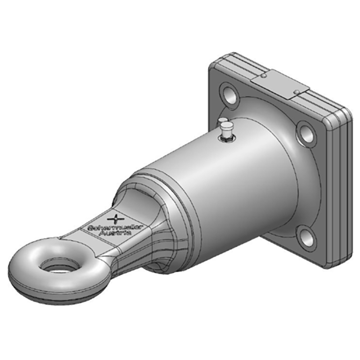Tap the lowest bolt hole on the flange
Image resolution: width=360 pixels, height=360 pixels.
click(x=307, y=237)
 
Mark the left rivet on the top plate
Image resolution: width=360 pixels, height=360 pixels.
click(x=265, y=77)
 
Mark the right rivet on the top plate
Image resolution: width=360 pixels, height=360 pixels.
click(x=296, y=92)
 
